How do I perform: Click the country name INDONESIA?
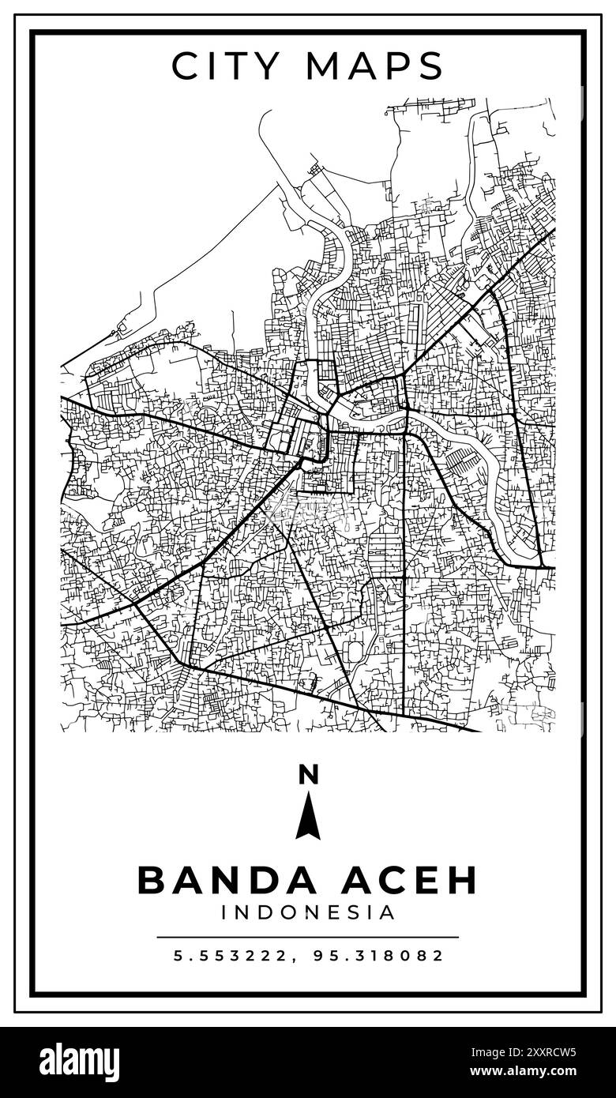tap(308, 913)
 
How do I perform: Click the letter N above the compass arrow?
tap(308, 776)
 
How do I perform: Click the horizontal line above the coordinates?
tap(308, 937)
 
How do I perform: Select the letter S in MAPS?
tap(430, 66)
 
